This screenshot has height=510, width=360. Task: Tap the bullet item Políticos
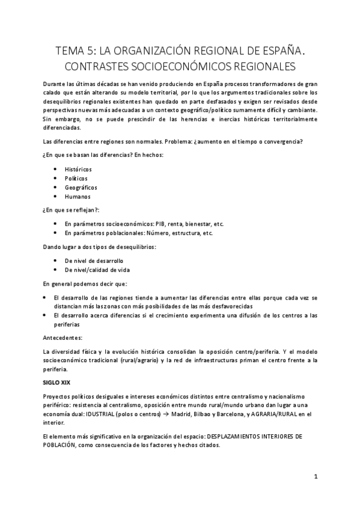pos(76,178)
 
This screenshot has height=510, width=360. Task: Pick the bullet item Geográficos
pos(81,187)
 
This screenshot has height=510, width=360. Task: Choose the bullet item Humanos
pos(78,196)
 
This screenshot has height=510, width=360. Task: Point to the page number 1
pos(315,476)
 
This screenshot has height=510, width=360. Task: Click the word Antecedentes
pos(63,337)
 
